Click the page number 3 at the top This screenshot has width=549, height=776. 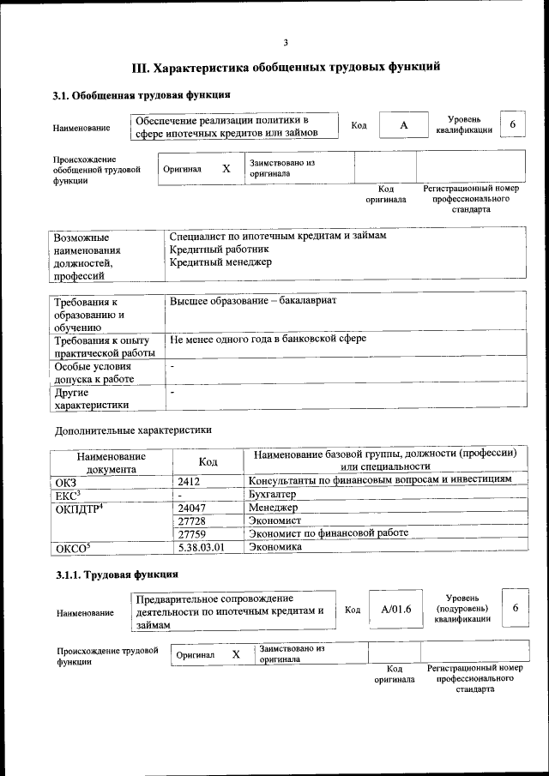pyautogui.click(x=286, y=43)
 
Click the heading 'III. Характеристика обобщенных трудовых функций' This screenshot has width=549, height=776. pyautogui.click(x=286, y=66)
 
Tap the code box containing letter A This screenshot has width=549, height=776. pyautogui.click(x=402, y=125)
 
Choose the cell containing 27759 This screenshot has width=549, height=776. pyautogui.click(x=191, y=532)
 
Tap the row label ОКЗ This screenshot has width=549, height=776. pyautogui.click(x=66, y=482)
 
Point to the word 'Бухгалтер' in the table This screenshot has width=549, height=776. pyautogui.click(x=272, y=495)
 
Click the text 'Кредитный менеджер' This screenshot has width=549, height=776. pyautogui.click(x=220, y=262)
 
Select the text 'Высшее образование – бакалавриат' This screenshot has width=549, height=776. pyautogui.click(x=253, y=302)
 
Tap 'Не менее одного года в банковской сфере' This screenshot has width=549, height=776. pyautogui.click(x=268, y=339)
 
